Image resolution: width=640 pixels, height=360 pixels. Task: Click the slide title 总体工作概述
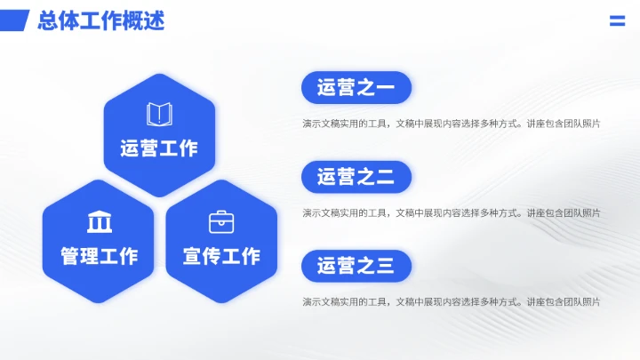click(x=101, y=21)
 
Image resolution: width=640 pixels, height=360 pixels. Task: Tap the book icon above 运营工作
click(x=159, y=114)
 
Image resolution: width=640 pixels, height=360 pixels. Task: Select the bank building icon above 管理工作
click(x=100, y=221)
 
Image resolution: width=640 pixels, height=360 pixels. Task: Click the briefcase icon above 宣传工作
click(x=221, y=221)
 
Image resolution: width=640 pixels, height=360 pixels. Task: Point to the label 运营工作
click(x=159, y=148)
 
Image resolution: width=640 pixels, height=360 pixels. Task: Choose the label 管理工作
click(x=100, y=256)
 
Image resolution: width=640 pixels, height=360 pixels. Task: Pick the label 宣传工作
click(x=221, y=256)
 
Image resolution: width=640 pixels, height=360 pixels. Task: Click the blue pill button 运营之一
click(x=356, y=87)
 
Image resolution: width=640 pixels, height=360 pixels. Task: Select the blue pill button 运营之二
click(x=356, y=177)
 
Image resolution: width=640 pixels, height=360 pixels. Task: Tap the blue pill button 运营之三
click(x=356, y=266)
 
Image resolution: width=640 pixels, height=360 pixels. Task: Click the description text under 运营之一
click(x=451, y=124)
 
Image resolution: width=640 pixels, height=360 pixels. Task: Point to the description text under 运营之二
click(x=451, y=212)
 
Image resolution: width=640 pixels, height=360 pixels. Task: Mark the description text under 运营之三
click(x=451, y=301)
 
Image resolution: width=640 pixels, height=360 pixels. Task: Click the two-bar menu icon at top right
click(x=617, y=21)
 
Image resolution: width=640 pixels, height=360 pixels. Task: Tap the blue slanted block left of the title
click(x=15, y=20)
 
